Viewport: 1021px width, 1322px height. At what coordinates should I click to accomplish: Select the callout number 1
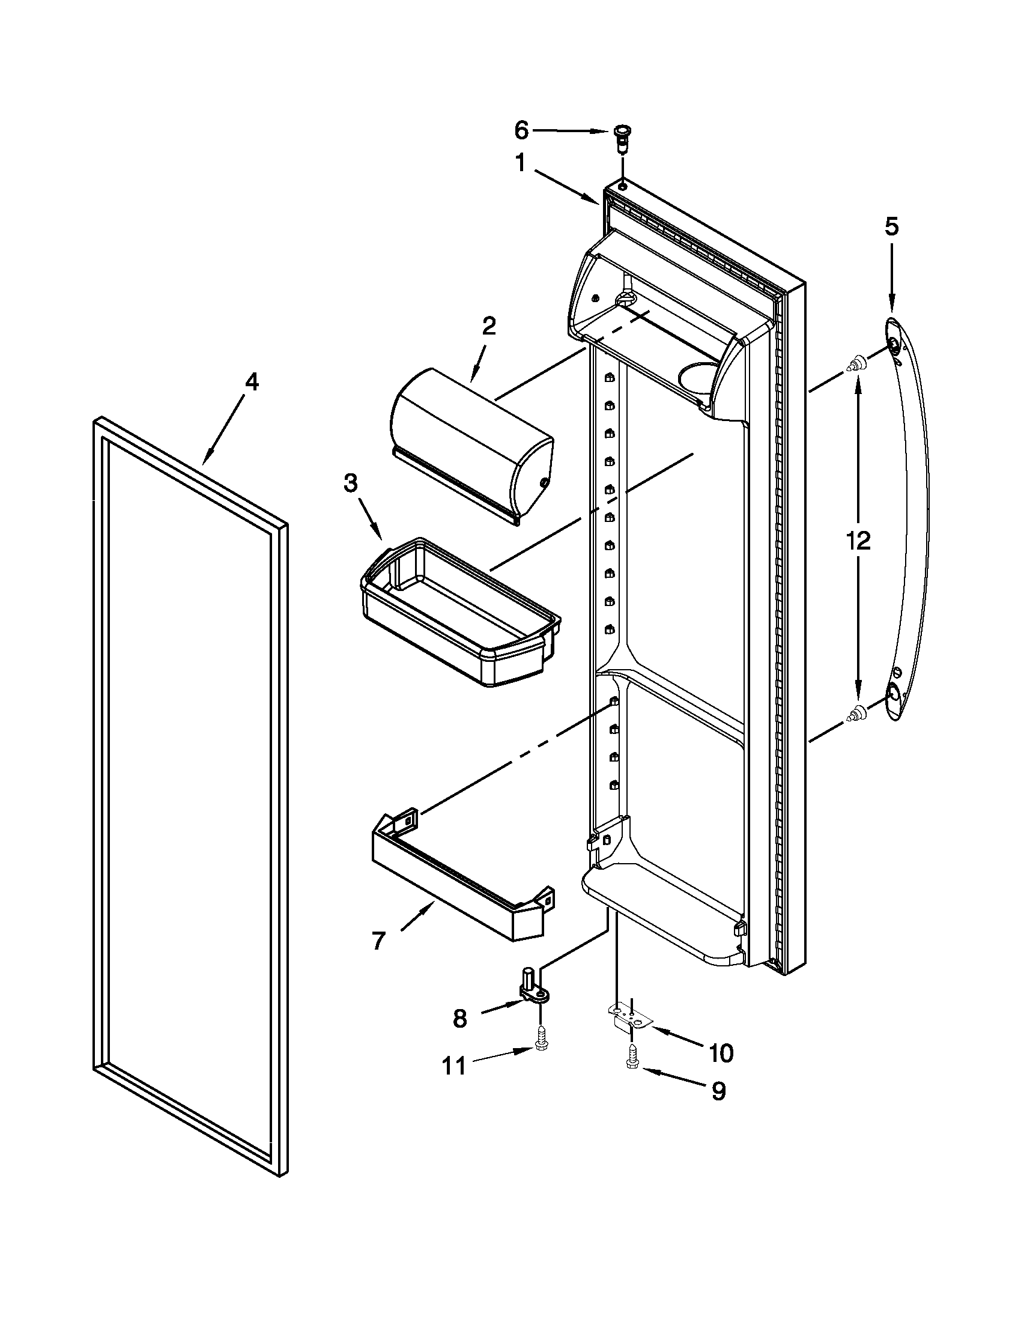pyautogui.click(x=520, y=163)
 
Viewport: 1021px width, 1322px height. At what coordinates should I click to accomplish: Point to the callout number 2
pyautogui.click(x=489, y=327)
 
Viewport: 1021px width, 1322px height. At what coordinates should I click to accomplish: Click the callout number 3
pyautogui.click(x=350, y=482)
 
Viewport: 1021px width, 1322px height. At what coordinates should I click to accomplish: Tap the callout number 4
pyautogui.click(x=251, y=382)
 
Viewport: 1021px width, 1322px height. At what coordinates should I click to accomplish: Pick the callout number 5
pyautogui.click(x=891, y=226)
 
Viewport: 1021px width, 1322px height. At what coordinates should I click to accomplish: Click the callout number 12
pyautogui.click(x=858, y=540)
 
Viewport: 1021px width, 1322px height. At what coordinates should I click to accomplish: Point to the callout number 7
pyautogui.click(x=378, y=941)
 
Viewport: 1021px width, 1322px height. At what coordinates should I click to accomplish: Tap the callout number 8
pyautogui.click(x=460, y=1020)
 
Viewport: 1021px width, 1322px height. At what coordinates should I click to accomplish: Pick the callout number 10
pyautogui.click(x=720, y=1054)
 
